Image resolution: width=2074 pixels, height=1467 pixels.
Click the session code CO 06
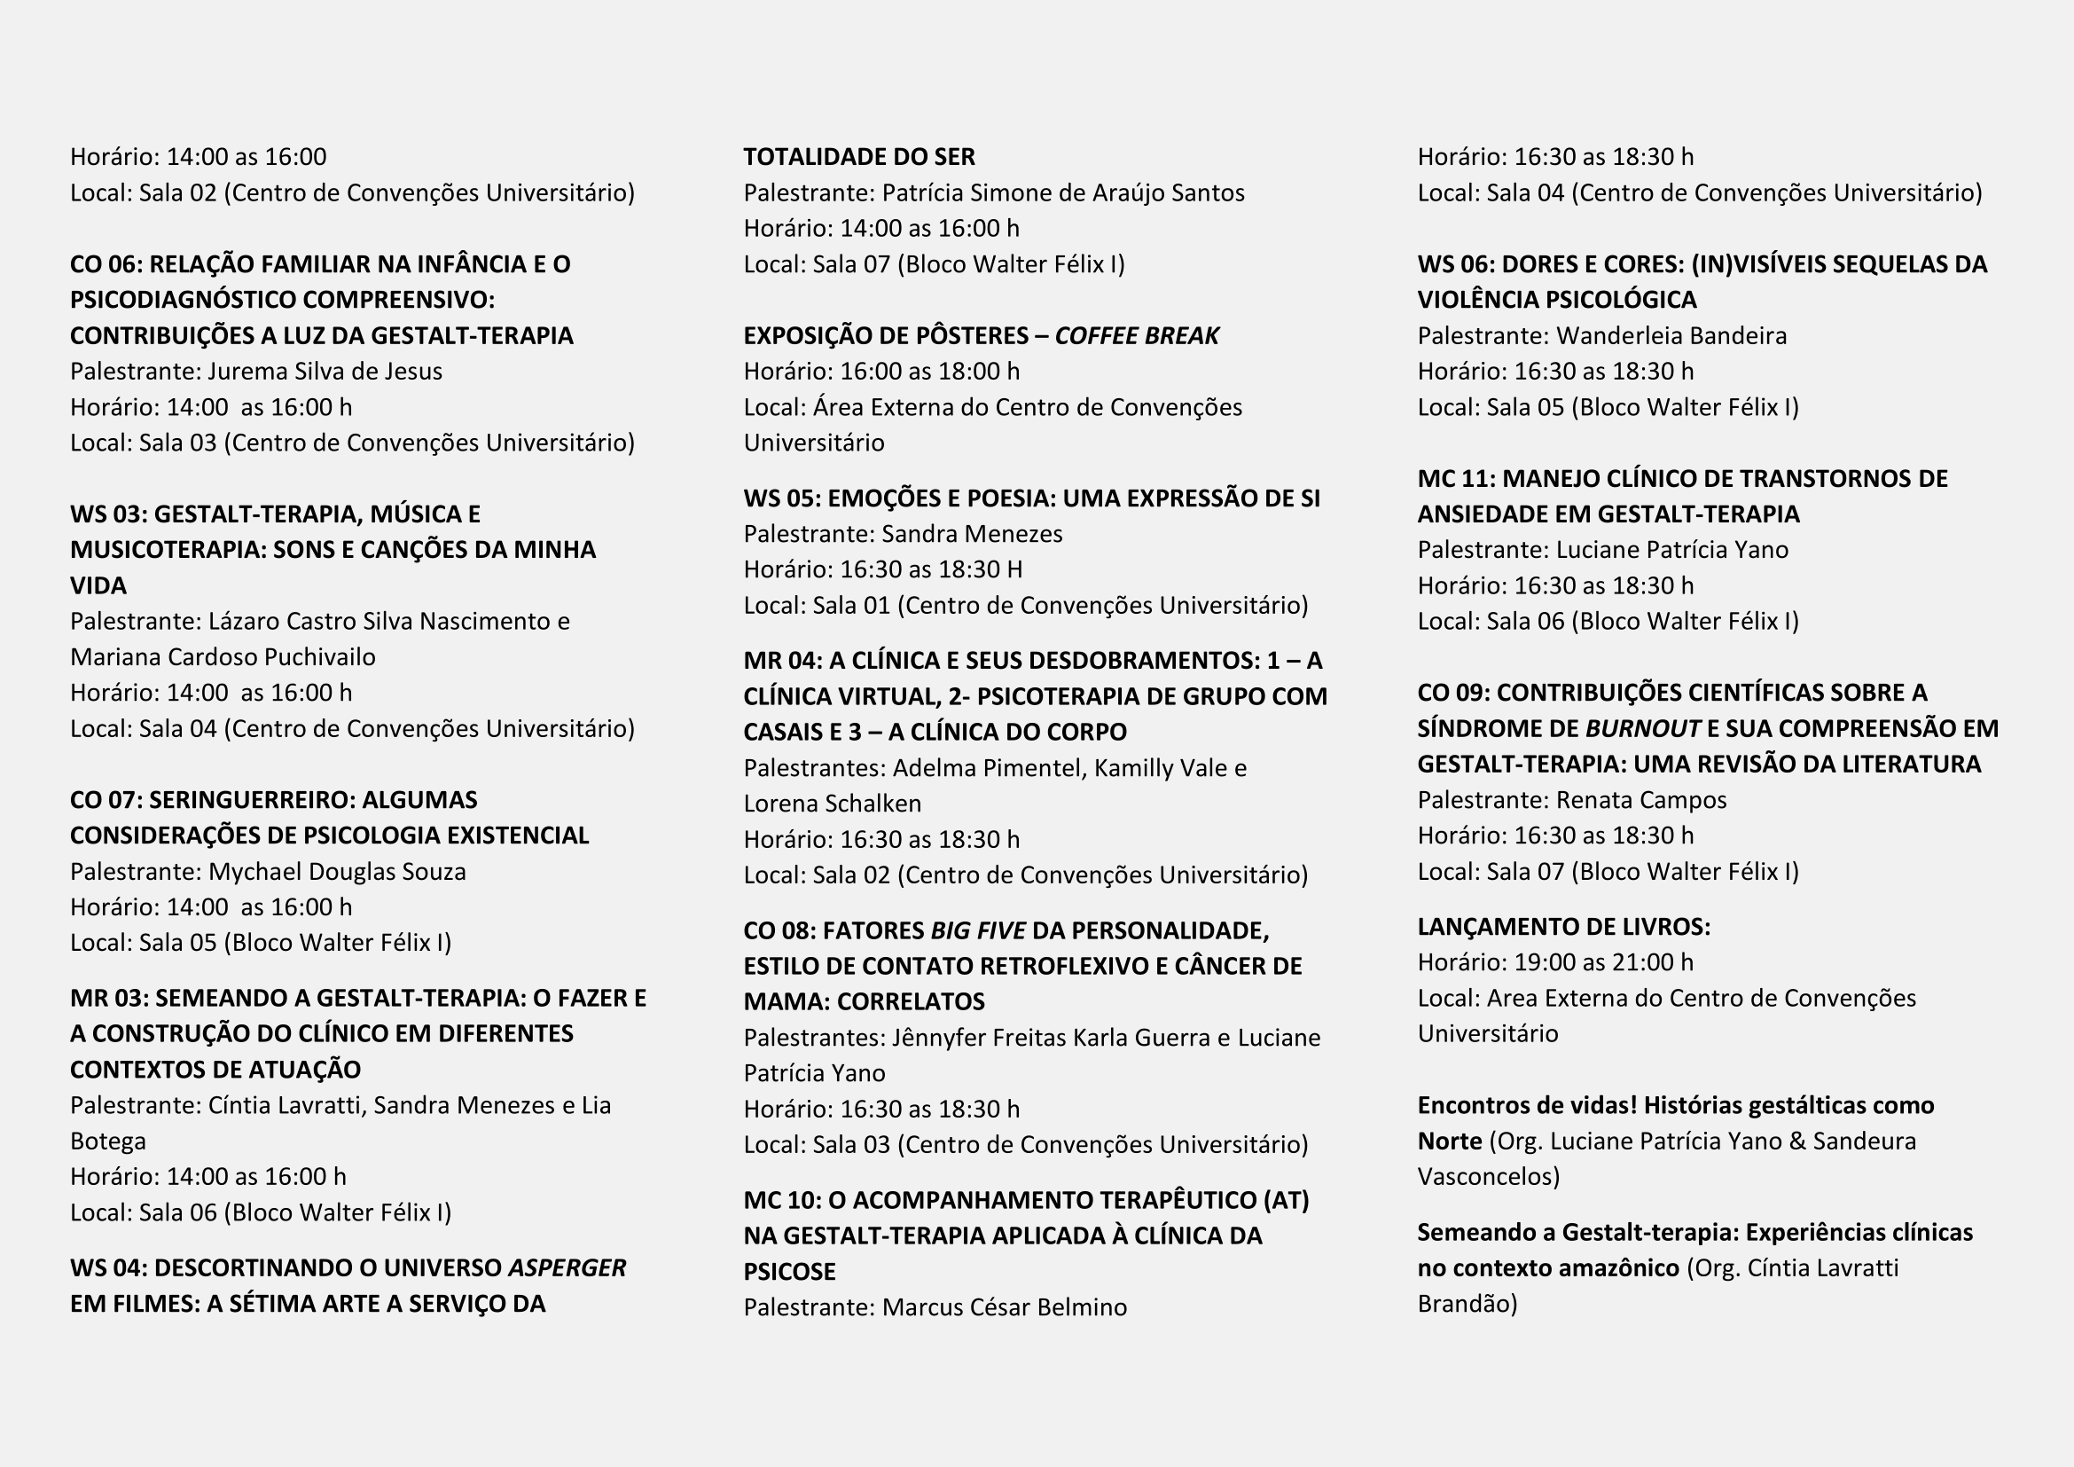pos(105,263)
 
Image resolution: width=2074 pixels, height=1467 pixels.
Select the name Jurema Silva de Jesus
pos(325,372)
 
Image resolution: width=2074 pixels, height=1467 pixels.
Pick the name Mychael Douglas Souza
pos(337,872)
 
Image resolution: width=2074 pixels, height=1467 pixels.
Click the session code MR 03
pos(107,998)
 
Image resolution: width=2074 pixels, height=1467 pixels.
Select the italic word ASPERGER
pos(567,1267)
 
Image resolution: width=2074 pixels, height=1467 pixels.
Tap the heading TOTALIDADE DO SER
pos(859,157)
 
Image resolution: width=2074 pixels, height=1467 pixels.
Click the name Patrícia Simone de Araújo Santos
pos(1063,192)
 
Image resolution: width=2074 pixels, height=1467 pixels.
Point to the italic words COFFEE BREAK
pos(1137,336)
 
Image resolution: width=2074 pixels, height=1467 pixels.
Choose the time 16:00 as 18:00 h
pos(929,372)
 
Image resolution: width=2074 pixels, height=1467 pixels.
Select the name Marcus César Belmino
pos(1005,1307)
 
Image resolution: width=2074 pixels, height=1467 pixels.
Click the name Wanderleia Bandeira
pos(1671,336)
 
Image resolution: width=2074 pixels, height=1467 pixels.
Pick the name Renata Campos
pos(1641,799)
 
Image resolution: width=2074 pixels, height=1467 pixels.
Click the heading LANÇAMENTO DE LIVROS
pos(1562,927)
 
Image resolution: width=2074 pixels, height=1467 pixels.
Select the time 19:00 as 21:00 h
pos(1603,962)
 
